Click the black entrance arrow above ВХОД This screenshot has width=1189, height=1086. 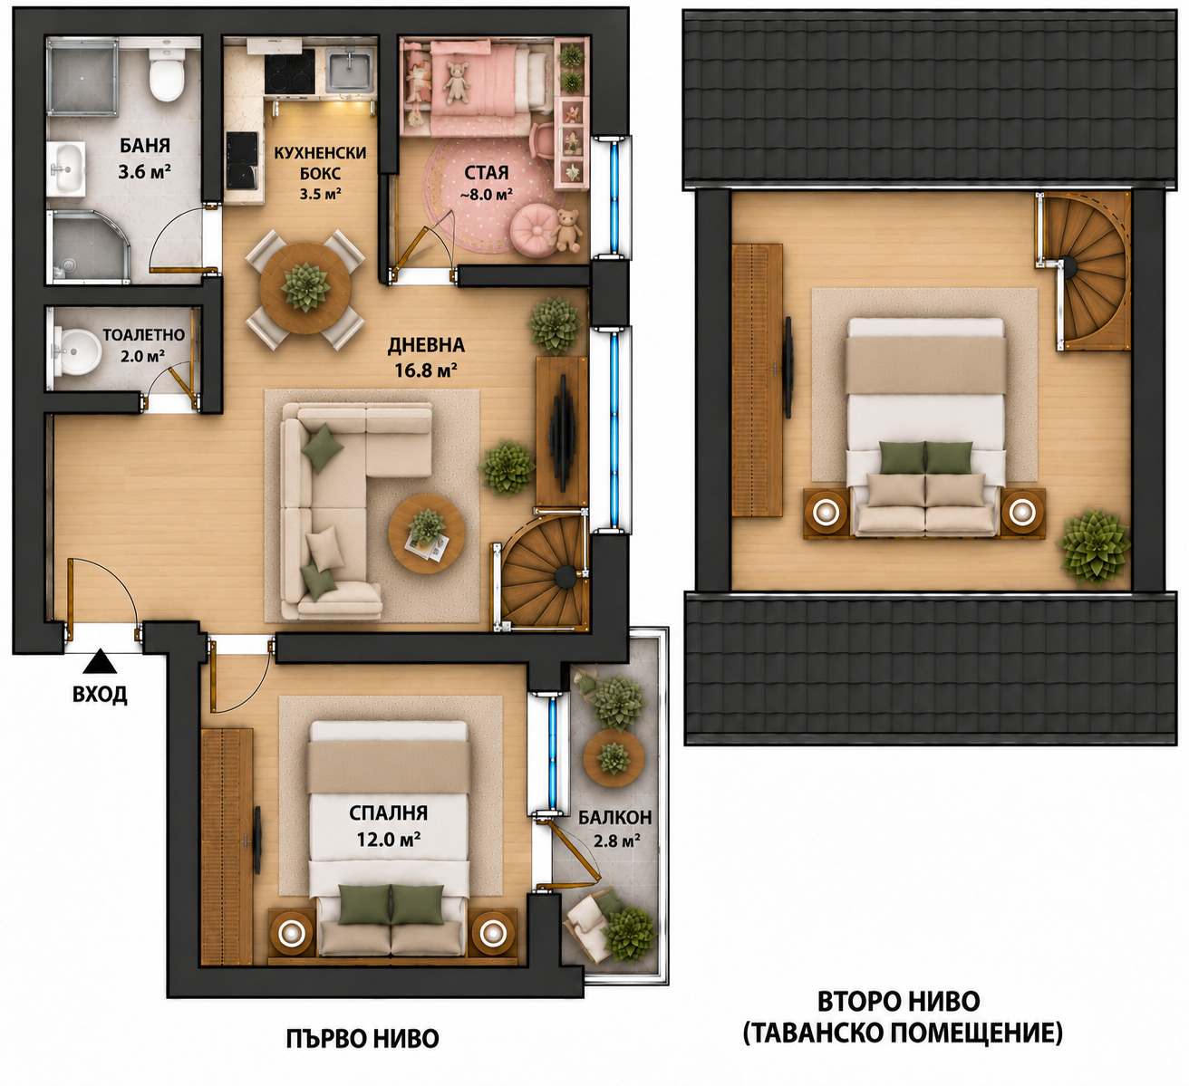click(100, 662)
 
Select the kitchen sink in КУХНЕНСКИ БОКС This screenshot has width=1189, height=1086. click(350, 71)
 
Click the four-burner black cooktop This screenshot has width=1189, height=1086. click(290, 72)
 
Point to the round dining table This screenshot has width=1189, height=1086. click(305, 289)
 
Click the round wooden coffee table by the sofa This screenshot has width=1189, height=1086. click(427, 533)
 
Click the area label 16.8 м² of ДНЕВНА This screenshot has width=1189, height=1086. click(426, 370)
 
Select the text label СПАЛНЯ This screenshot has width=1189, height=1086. click(388, 813)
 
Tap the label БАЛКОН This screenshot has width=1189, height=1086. click(615, 818)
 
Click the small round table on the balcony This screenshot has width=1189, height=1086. click(614, 758)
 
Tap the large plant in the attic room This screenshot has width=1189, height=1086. click(1094, 547)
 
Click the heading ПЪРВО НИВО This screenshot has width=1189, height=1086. click(362, 1039)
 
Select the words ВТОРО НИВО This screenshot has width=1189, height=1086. click(899, 1002)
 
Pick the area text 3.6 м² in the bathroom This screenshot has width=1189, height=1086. click(145, 172)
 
